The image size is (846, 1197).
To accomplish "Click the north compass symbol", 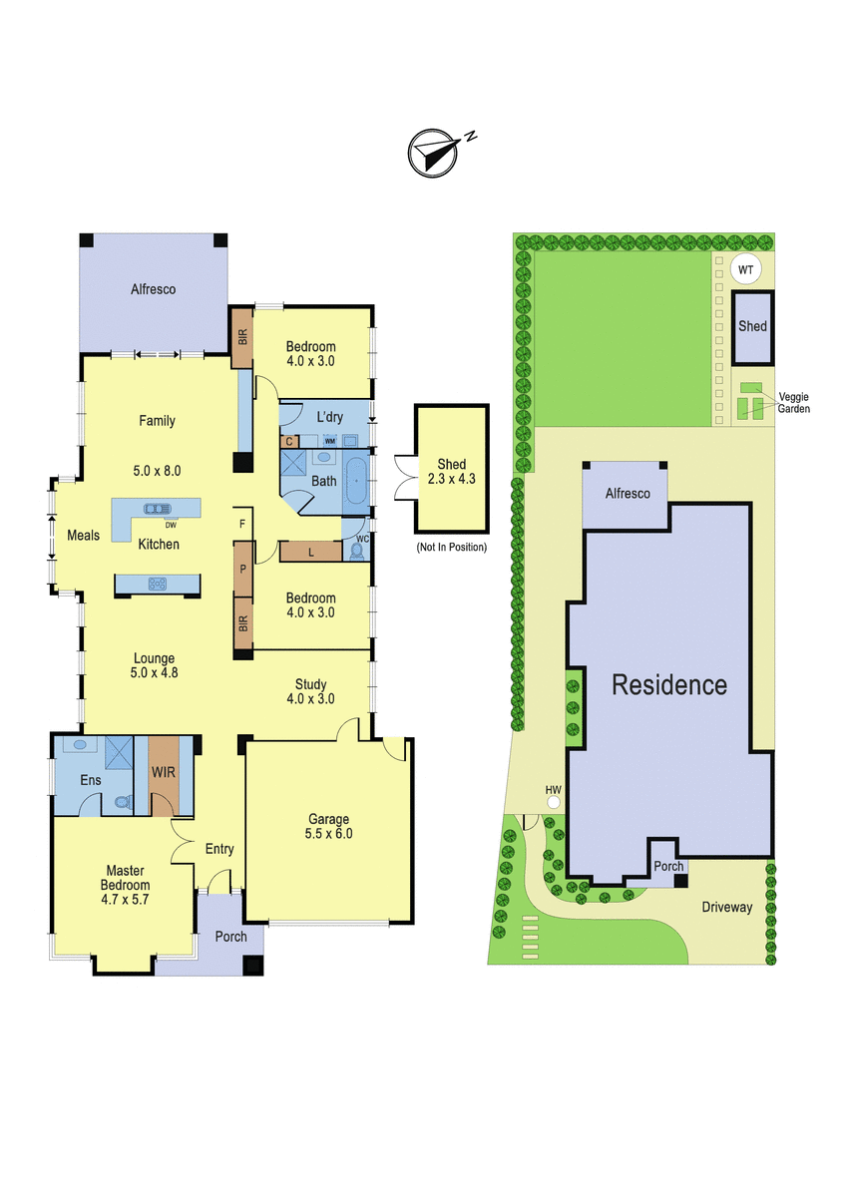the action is point(433,153).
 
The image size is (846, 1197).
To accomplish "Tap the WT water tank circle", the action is point(745,270).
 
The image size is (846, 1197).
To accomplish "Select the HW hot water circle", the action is point(554,802).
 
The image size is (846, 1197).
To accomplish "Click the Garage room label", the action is point(328,818).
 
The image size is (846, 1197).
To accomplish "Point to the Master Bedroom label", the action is point(125,878).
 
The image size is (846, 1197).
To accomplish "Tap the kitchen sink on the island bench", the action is point(157,509).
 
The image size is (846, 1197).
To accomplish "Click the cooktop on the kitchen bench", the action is point(157,584).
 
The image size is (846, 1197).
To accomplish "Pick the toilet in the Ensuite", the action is point(124,802).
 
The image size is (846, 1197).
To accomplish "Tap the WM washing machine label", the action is point(330,441).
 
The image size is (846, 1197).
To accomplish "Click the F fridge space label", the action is point(242,524).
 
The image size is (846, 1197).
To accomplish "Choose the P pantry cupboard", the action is point(243,570).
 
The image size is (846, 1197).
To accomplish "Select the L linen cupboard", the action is point(310,552).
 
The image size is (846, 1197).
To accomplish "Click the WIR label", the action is point(164,772).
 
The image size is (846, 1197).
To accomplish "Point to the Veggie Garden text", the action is point(794,403).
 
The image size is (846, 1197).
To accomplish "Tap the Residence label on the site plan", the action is point(669,685).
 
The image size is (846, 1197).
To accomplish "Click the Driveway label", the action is point(727,907).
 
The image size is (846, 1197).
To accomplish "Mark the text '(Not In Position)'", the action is point(452,548).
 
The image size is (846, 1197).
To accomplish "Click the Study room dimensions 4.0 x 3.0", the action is point(310,698).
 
